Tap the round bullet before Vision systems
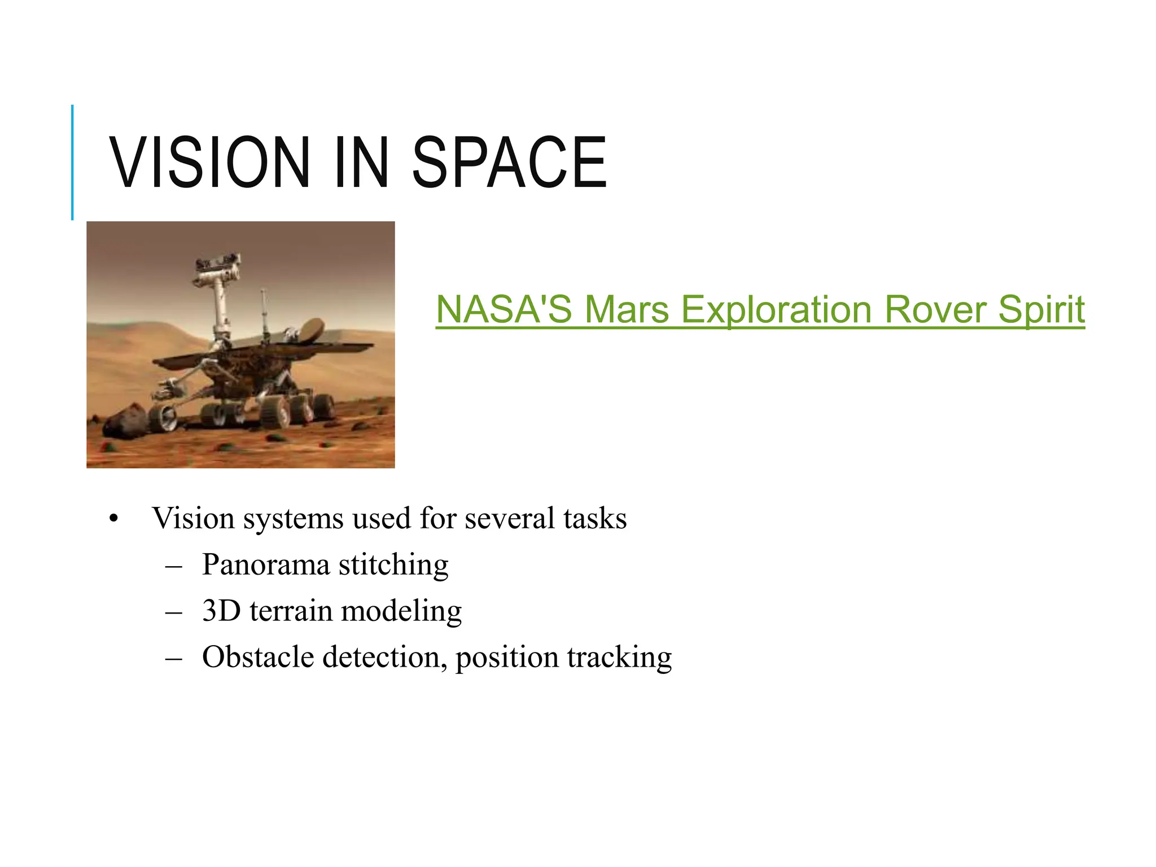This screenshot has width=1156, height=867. point(114,519)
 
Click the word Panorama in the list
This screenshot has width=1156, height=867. point(265,564)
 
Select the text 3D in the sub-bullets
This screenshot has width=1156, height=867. point(221,610)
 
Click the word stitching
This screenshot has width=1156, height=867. point(393,565)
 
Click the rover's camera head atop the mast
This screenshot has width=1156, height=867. point(217,265)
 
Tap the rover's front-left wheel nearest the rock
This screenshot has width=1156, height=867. point(163,417)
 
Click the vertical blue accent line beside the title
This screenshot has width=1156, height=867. point(72,163)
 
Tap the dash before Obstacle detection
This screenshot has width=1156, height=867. point(174,658)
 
